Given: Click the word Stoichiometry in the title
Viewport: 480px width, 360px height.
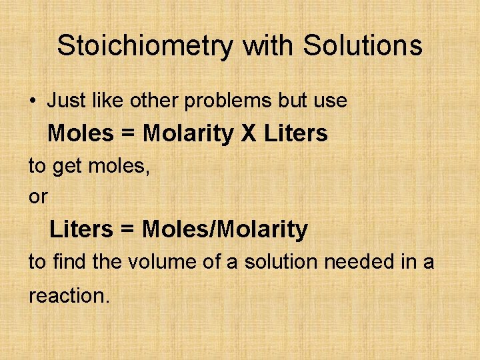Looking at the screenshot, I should coord(146,46).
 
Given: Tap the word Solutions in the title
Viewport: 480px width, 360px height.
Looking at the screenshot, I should coord(363,46).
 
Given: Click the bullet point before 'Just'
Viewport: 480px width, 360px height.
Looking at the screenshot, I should coord(33,101).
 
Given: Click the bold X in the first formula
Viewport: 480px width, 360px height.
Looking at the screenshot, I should coord(248,134).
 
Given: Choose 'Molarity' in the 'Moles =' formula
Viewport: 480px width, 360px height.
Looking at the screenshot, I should coord(189,134).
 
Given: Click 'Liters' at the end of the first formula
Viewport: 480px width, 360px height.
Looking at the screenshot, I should coord(296,134).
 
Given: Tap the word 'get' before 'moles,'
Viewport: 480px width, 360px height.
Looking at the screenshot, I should coord(66,167).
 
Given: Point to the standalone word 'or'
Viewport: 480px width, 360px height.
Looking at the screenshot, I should coord(38,197).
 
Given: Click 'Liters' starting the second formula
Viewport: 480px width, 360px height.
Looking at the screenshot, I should coord(81,230).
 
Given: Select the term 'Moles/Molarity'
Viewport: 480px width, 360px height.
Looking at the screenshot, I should coord(225,230).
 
